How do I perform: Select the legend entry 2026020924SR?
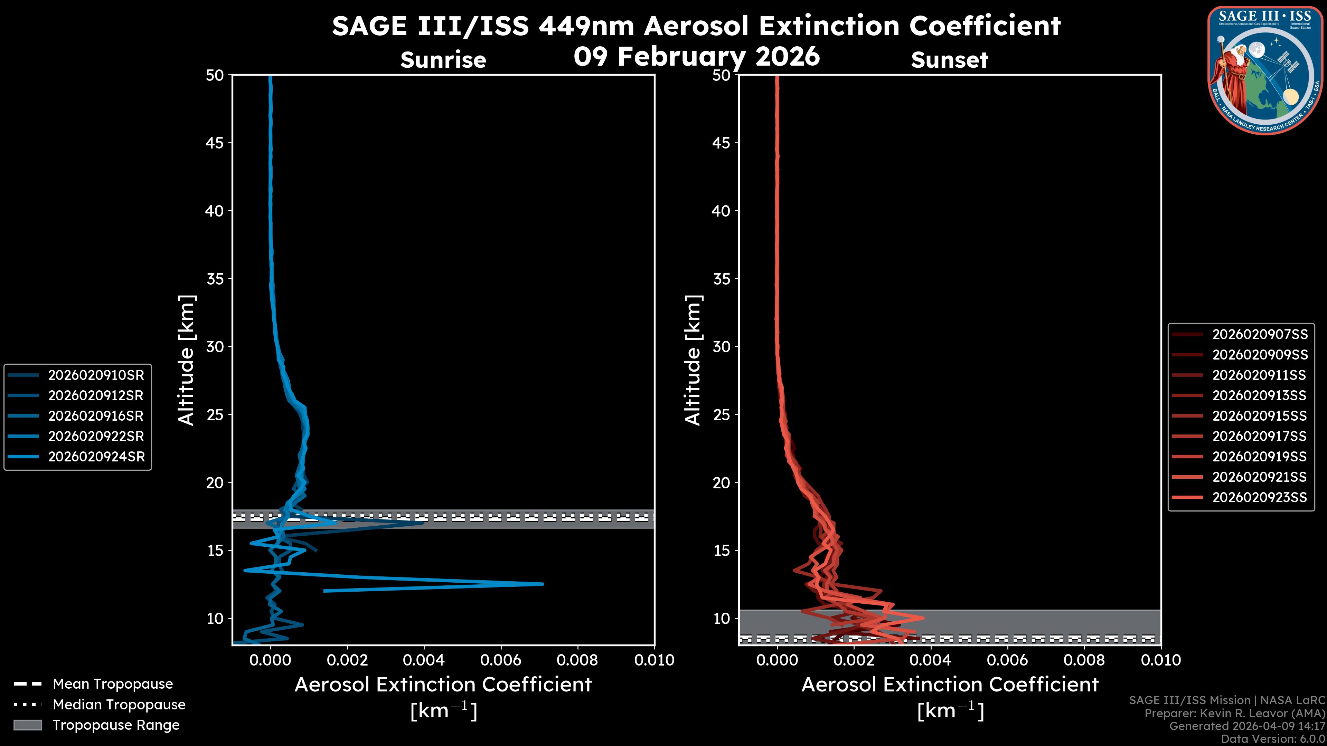pos(96,457)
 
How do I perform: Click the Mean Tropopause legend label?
pos(113,684)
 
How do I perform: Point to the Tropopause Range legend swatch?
pos(27,725)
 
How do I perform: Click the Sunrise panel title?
pos(443,60)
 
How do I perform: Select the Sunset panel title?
pos(949,60)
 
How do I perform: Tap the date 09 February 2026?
pos(696,56)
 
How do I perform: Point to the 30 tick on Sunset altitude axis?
pos(722,346)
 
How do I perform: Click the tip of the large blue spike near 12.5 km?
pos(543,584)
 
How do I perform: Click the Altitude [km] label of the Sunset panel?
pos(693,360)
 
